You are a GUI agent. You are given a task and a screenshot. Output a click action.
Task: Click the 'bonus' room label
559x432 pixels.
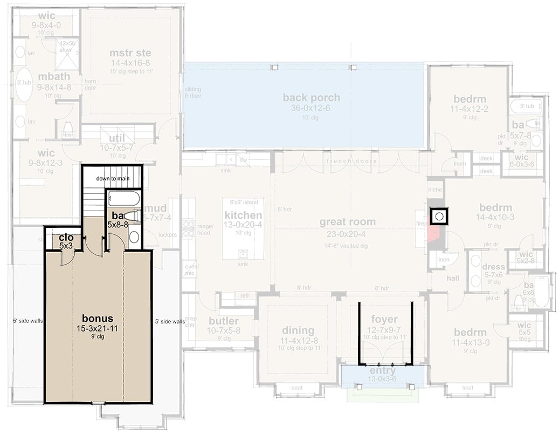pyautogui.click(x=98, y=317)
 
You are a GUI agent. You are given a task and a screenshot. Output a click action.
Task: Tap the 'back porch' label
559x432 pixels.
pyautogui.click(x=312, y=98)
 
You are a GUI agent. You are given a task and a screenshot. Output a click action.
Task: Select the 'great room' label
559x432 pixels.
pyautogui.click(x=347, y=222)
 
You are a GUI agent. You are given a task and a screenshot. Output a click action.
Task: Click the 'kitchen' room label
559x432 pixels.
pyautogui.click(x=243, y=215)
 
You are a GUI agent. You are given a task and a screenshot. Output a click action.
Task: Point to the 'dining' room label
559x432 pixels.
pyautogui.click(x=298, y=330)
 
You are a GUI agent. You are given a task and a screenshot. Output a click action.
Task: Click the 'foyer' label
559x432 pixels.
pyautogui.click(x=384, y=319)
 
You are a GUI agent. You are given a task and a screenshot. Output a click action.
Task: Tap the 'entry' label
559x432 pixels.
pyautogui.click(x=383, y=371)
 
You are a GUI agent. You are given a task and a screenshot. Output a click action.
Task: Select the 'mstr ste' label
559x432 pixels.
pyautogui.click(x=130, y=53)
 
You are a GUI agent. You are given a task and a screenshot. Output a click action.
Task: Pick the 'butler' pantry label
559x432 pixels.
pyautogui.click(x=223, y=321)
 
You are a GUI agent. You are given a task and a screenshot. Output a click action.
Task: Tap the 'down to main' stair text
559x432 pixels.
pyautogui.click(x=112, y=179)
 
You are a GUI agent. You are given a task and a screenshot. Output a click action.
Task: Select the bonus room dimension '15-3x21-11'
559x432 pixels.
pyautogui.click(x=98, y=328)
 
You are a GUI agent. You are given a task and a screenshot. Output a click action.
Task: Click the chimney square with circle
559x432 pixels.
pyautogui.click(x=439, y=217)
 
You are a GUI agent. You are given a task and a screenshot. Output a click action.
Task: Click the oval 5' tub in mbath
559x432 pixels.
pyautogui.click(x=24, y=84)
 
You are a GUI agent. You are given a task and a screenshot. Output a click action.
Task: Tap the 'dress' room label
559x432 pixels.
pyautogui.click(x=494, y=267)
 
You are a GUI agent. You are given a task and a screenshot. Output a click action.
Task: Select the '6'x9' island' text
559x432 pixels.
pyautogui.click(x=244, y=202)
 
